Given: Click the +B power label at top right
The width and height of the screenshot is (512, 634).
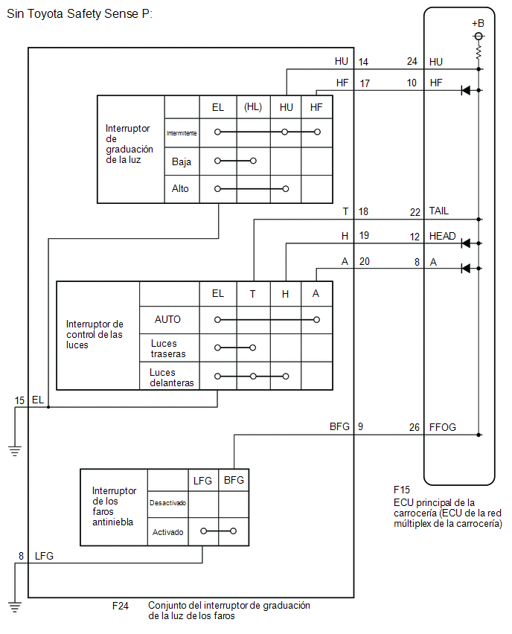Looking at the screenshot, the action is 478,24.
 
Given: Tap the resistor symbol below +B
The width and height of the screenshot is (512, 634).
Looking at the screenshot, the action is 479,53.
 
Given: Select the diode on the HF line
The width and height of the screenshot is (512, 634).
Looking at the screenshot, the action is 466,90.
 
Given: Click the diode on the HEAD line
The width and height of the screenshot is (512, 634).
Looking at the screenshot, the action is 466,243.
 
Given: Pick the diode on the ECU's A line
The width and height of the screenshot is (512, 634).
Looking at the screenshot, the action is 466,268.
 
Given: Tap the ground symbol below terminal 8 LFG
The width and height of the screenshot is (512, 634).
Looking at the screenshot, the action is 15,607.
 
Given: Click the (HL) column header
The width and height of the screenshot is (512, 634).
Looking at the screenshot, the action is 253,107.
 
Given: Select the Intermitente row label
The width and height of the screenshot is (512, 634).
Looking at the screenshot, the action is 182,133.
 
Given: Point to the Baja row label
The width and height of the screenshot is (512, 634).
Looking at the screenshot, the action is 181,161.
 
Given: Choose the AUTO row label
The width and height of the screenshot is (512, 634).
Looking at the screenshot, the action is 167,319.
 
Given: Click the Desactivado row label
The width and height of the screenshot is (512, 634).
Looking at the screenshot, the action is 168,502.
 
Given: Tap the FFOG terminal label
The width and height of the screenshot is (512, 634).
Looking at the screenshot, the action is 443,427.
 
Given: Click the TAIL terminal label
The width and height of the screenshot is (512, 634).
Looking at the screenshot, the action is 439,211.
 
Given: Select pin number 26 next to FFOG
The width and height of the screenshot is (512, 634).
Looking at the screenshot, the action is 414,427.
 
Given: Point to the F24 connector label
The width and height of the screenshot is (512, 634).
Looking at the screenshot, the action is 121,606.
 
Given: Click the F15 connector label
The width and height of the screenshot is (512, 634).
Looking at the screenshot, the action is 402,490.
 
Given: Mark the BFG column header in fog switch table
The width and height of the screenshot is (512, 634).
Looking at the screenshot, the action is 234,480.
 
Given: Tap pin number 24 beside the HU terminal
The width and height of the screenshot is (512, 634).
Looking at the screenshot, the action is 412,61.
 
